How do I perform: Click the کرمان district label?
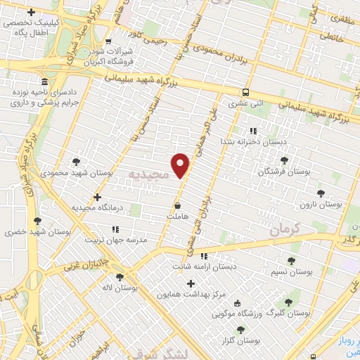coord(285,229)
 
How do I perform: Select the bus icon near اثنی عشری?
coord(245,92)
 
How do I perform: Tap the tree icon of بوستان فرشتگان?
coord(284,161)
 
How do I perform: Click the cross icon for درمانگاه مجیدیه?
coord(97,197)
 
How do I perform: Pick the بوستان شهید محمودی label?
coord(68,172)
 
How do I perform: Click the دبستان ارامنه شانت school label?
coord(204,266)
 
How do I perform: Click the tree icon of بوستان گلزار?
coord(241,330)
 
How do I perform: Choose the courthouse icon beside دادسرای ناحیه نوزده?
coord(44,82)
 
